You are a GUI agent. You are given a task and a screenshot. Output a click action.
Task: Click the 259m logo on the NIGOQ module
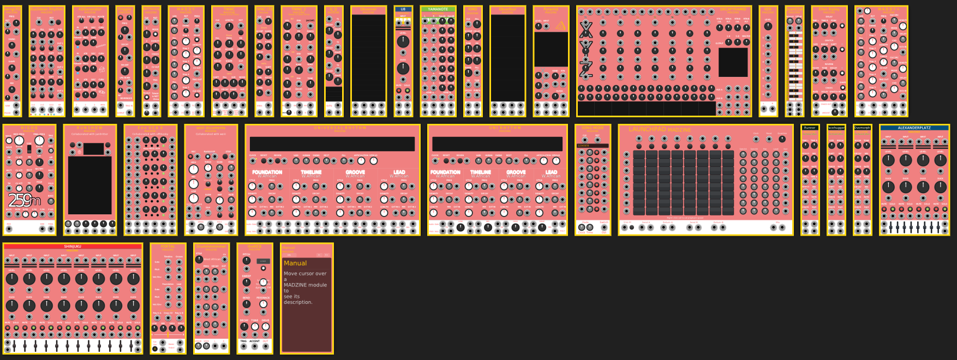pyautogui.click(x=25, y=201)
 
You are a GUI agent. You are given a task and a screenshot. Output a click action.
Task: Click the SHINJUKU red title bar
pyautogui.click(x=73, y=247)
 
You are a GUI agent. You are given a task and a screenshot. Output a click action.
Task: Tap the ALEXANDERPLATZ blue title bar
pyautogui.click(x=914, y=128)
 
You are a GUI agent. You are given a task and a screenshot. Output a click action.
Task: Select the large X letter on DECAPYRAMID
pyautogui.click(x=586, y=29)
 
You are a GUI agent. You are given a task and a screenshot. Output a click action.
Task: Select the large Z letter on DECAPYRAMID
pyautogui.click(x=586, y=68)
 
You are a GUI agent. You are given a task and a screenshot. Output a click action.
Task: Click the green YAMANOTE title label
pyautogui.click(x=438, y=9)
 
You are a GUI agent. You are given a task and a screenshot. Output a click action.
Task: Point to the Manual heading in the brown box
pyautogui.click(x=295, y=263)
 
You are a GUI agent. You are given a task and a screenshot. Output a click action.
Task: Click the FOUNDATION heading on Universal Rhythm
pyautogui.click(x=267, y=172)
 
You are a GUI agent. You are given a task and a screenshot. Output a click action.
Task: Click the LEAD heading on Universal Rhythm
pyautogui.click(x=399, y=172)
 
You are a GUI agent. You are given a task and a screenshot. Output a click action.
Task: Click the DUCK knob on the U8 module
pyautogui.click(x=403, y=68)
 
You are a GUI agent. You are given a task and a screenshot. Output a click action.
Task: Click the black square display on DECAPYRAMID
pyautogui.click(x=733, y=62)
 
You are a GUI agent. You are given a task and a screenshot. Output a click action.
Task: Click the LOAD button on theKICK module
pyautogui.click(x=263, y=261)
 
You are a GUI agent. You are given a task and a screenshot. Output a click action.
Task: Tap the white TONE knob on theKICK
pyautogui.click(x=255, y=327)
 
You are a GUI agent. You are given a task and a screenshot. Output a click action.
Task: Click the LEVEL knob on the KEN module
pyautogui.click(x=768, y=26)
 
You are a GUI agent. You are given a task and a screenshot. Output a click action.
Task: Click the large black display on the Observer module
pyautogui.click(x=368, y=58)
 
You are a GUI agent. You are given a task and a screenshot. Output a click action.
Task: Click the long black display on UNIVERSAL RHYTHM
pyautogui.click(x=332, y=144)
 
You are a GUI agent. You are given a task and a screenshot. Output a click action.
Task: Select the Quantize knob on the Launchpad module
pyautogui.click(x=782, y=139)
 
